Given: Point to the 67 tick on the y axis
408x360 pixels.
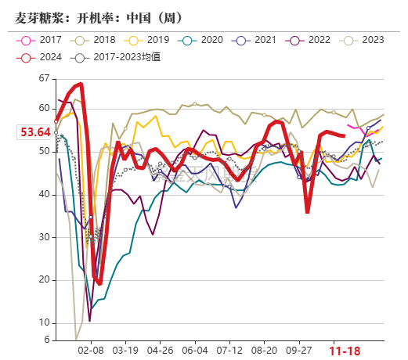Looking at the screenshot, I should tap(43, 79).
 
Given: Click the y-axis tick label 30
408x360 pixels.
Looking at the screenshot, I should tap(43, 237).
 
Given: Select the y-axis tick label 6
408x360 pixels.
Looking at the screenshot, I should tap(46, 340).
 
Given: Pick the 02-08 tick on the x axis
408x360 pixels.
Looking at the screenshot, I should tap(92, 352).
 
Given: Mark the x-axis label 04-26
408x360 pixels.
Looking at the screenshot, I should tap(160, 352).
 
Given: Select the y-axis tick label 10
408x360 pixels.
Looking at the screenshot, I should tap(43, 322).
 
